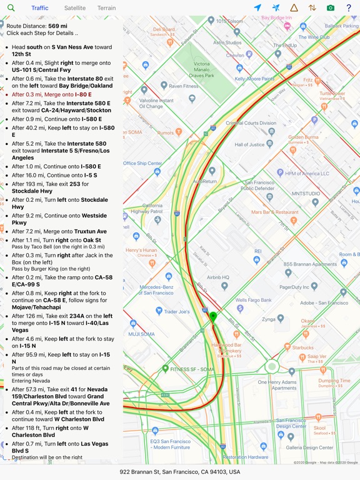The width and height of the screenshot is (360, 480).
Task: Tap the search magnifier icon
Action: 11,8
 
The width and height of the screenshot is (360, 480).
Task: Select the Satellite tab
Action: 75,8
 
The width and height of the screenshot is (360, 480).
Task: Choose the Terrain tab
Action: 106,8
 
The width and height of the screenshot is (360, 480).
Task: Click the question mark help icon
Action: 349,8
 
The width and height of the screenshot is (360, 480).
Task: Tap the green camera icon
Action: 331,8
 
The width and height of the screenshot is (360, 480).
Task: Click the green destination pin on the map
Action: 212,317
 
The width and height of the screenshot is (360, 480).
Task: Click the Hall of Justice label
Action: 250,145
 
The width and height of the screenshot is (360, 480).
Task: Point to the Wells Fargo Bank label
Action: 254,300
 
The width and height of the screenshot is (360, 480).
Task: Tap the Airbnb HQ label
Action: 218,277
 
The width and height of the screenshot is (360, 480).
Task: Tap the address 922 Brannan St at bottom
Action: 180,472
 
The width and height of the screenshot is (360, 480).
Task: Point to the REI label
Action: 257,251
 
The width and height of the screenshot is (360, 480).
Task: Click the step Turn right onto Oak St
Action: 56,240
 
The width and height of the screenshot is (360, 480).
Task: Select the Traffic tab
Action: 40,8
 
